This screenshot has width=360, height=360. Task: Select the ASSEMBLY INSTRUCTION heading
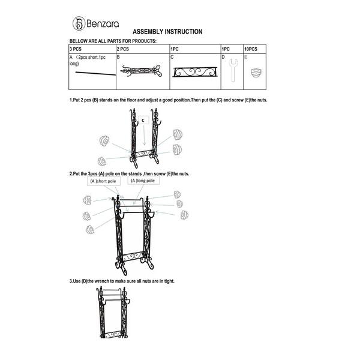[x=167, y=32]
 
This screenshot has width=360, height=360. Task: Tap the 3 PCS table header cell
[x=76, y=48]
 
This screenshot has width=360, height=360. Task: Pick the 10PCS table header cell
[x=251, y=48]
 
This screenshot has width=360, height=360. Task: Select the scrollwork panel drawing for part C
[x=194, y=73]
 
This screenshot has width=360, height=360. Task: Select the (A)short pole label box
[x=103, y=181]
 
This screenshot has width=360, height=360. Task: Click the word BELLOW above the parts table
[x=80, y=41]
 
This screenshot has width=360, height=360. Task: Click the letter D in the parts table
[x=223, y=56]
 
